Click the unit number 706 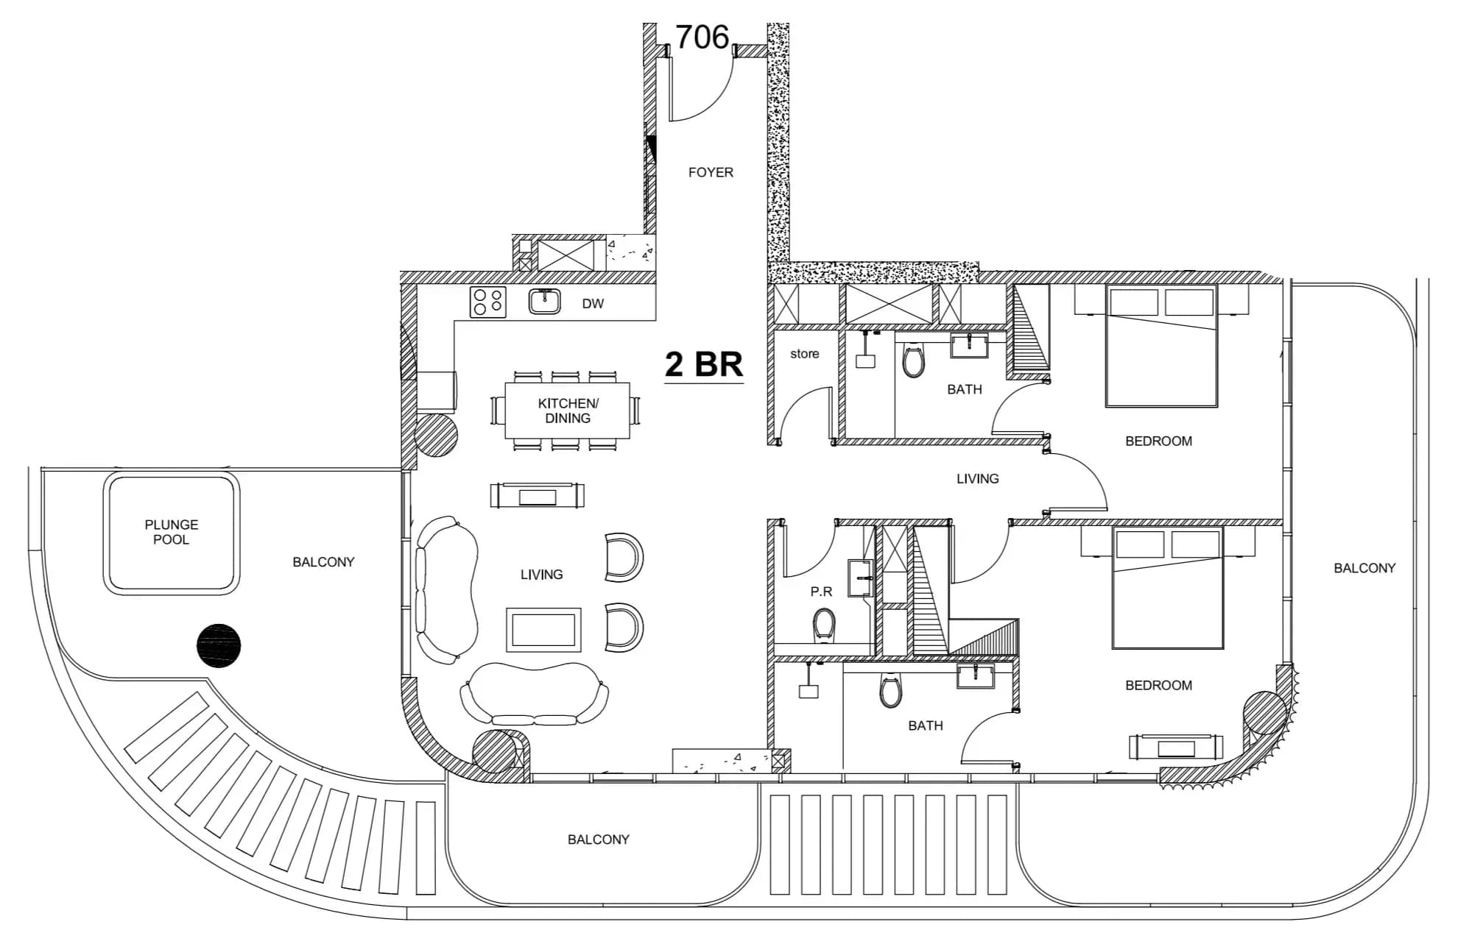coord(702,37)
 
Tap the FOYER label coord(711,172)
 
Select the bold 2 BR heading coord(704,364)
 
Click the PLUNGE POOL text coord(172,532)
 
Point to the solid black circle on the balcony coord(219,646)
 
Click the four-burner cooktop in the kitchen coord(488,302)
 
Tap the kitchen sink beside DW coord(544,302)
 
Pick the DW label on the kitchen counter coord(593,303)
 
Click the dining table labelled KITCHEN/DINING coord(567,411)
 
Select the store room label coord(804,354)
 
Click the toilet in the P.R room coord(824,625)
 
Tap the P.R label coord(821,592)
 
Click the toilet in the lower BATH coord(890,690)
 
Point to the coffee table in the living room coord(543,630)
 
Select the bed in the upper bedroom coord(1161,346)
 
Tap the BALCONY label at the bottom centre coord(599,840)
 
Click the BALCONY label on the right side coord(1364,568)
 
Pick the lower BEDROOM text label coord(1158,685)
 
